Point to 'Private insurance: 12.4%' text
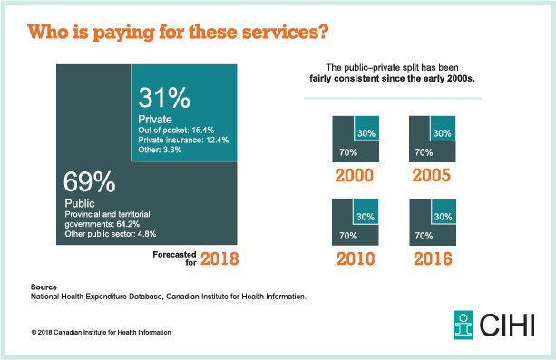[x=184, y=140]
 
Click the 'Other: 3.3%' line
[x=161, y=151]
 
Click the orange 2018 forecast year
[x=219, y=258]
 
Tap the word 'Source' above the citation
[x=44, y=287]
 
